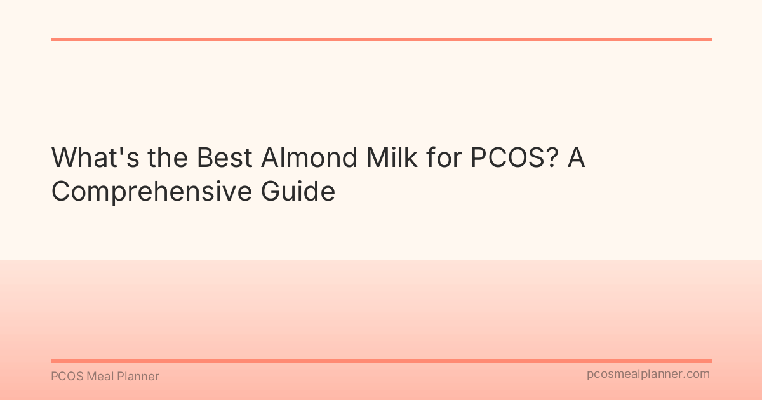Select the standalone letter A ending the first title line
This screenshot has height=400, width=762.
576,158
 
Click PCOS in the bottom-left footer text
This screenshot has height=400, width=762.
65,377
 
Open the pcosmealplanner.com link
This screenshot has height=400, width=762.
648,374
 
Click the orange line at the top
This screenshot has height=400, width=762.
381,39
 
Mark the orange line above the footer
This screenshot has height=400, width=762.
381,361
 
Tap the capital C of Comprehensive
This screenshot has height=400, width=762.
62,191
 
